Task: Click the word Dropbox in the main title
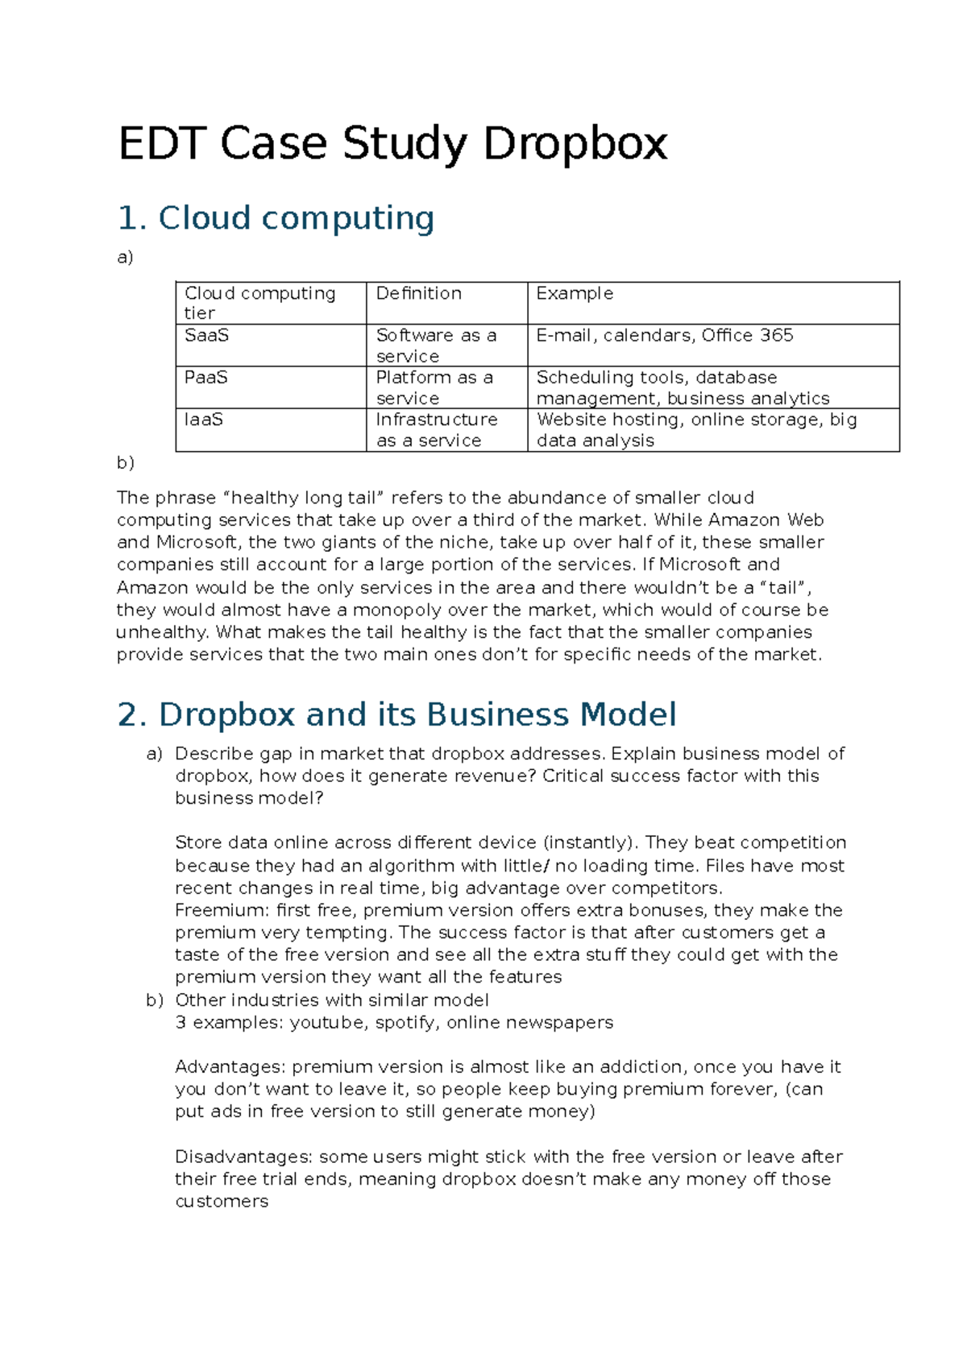(x=575, y=144)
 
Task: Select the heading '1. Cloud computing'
(x=276, y=218)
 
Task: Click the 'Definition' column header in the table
(x=419, y=293)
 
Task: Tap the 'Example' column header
(x=575, y=293)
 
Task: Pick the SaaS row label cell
(x=207, y=335)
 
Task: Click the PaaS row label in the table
(x=206, y=377)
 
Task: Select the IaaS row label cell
(x=204, y=420)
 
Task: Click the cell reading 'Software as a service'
(x=436, y=346)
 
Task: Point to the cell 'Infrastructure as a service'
(x=437, y=430)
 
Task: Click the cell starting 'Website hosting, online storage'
(x=696, y=430)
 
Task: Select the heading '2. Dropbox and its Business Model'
(x=396, y=715)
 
